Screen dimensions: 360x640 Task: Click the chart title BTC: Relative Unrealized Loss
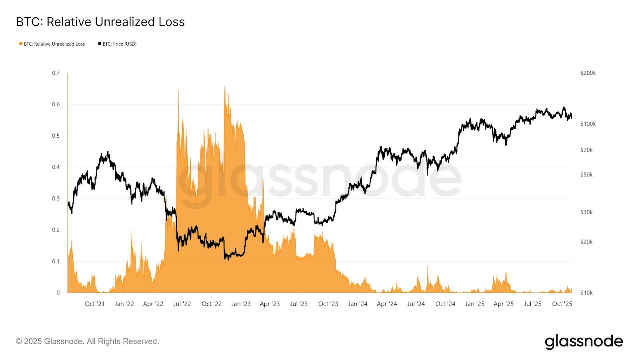click(x=100, y=22)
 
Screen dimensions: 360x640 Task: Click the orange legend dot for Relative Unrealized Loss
click(x=21, y=44)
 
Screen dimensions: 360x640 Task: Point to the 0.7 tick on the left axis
click(x=56, y=73)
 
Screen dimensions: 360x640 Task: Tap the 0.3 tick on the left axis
click(x=56, y=198)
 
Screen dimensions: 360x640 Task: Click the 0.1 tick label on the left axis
click(x=56, y=261)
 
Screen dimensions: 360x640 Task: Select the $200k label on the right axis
click(x=588, y=73)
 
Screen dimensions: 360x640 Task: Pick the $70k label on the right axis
click(x=586, y=150)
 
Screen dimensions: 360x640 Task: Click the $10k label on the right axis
click(x=586, y=292)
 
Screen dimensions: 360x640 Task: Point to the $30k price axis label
click(x=586, y=212)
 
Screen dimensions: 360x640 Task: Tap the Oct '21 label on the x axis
click(x=94, y=304)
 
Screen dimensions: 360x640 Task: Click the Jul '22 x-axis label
click(x=182, y=304)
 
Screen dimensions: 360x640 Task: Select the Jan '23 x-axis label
click(x=241, y=304)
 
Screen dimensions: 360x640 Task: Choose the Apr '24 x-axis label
click(x=387, y=304)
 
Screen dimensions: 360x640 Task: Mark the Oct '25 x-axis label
click(x=562, y=304)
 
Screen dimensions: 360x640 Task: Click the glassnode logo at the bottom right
click(x=584, y=342)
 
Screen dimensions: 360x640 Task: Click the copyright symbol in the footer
click(x=19, y=342)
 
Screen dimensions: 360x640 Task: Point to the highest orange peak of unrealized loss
click(x=224, y=87)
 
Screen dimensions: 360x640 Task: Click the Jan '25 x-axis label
click(x=474, y=304)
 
